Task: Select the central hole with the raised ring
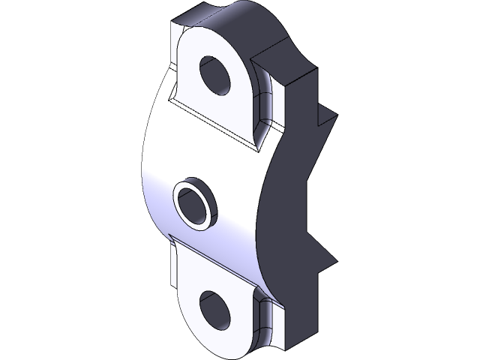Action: pyautogui.click(x=196, y=205)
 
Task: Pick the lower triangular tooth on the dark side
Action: pyautogui.click(x=324, y=259)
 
